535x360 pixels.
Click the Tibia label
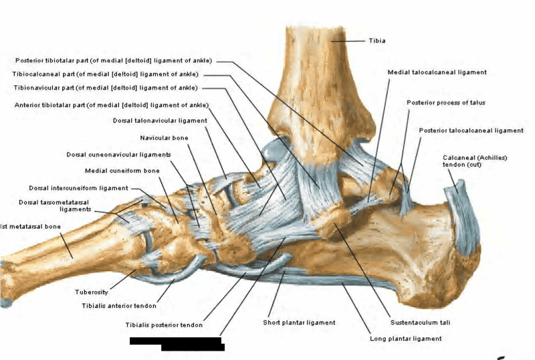pos(377,41)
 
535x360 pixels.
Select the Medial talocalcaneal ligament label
pos(437,72)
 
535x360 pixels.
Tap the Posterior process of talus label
pos(445,102)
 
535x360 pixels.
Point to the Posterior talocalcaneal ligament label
pos(471,130)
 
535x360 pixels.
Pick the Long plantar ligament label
pos(405,339)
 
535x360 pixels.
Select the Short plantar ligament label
pos(299,323)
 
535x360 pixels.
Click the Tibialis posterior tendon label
pos(163,325)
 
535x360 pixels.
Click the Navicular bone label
pos(165,138)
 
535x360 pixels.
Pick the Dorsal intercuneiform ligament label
pos(78,188)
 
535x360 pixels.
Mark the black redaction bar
pos(177,343)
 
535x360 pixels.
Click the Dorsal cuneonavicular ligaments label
pos(118,155)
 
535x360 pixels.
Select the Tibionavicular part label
pos(105,88)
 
